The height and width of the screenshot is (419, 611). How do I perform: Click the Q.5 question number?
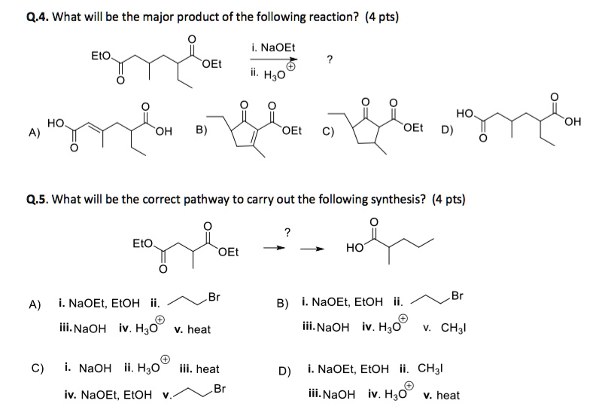(x=35, y=200)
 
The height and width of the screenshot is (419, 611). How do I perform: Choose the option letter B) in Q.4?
(x=202, y=129)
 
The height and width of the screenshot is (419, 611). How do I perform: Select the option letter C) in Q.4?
(x=328, y=129)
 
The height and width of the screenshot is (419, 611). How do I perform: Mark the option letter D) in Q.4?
(x=448, y=129)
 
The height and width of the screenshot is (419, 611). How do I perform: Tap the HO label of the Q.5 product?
(x=356, y=248)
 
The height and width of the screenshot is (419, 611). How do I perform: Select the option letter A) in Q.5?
(x=35, y=304)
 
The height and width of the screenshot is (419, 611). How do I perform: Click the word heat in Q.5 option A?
(x=198, y=329)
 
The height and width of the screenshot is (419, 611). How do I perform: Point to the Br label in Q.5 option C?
(x=219, y=389)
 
